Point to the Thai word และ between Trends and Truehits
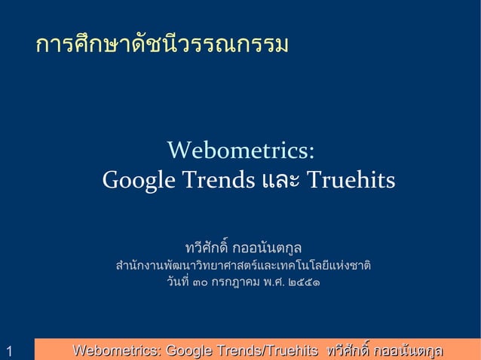[x=280, y=182]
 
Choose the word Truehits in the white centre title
[x=350, y=182]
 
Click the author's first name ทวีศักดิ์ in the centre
[x=207, y=247]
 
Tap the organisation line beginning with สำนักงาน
[x=243, y=266]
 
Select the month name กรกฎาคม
[x=235, y=284]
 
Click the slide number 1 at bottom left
[x=8, y=351]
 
